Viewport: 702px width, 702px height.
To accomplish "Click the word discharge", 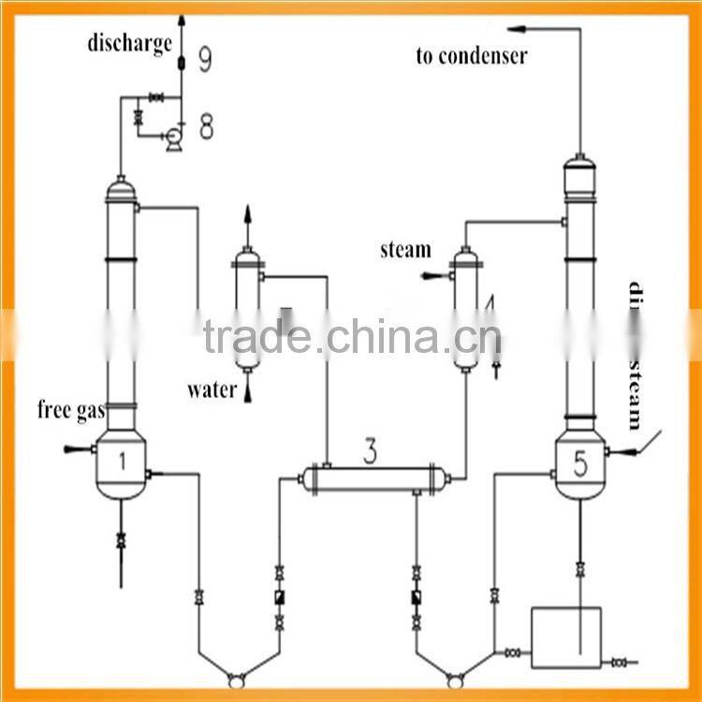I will (x=130, y=43).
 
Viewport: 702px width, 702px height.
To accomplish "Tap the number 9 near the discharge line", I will (x=206, y=61).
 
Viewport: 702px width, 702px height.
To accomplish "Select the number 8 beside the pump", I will (x=206, y=126).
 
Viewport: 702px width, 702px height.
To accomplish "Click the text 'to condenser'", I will (x=471, y=56).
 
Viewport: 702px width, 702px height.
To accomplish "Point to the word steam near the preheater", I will (x=405, y=250).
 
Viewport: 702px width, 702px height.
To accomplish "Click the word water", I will (x=212, y=390).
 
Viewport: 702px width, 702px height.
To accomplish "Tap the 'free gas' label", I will (x=70, y=409).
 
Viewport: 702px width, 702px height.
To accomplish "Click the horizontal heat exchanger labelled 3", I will (x=373, y=478).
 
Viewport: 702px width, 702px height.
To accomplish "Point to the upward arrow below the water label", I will (x=249, y=394).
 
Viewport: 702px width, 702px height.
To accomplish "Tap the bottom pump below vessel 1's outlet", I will (x=237, y=678).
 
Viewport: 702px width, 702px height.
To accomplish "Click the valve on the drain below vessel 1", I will (x=120, y=541).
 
